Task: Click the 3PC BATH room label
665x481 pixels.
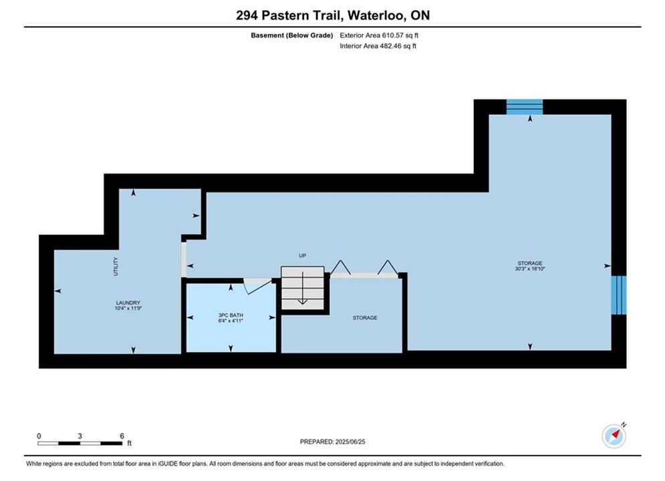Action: tap(231, 315)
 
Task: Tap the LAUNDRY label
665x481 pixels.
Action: tap(128, 303)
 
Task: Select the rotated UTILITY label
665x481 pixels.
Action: tap(116, 267)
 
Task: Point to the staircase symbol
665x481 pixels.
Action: tap(302, 288)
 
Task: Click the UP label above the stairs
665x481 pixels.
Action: tap(302, 256)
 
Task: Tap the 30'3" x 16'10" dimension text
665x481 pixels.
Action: tap(530, 269)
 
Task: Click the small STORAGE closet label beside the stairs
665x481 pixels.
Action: tap(365, 318)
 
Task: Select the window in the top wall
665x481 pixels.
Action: tap(525, 107)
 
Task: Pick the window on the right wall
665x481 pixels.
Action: tap(619, 295)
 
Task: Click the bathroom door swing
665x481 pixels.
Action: tap(257, 286)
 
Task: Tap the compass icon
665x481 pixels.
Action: tap(614, 436)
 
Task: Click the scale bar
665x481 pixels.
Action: tap(80, 444)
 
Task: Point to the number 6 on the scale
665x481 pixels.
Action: tap(122, 436)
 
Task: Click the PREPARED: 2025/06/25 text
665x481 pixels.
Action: tap(333, 442)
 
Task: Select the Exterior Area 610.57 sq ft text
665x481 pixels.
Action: tap(379, 35)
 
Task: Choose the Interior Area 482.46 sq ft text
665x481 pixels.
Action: tap(378, 46)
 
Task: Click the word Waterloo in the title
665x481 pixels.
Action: tap(376, 15)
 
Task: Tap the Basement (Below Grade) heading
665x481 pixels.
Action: tap(292, 35)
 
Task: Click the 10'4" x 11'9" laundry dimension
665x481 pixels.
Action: tap(128, 309)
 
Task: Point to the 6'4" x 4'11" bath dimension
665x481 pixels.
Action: tap(231, 321)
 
